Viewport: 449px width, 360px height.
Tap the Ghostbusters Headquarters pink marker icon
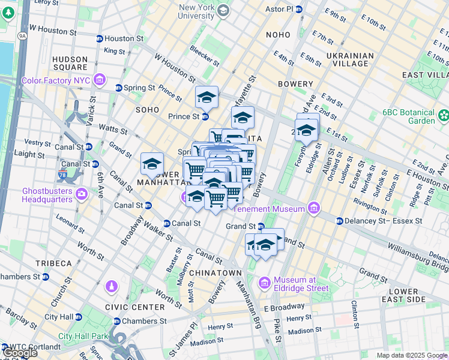82,194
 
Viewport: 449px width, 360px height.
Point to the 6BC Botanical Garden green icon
444,115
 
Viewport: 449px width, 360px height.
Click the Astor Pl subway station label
279,10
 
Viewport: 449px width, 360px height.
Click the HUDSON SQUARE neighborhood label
71,64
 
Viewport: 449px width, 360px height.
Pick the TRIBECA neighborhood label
53,263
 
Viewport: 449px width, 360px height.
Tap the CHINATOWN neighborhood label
215,273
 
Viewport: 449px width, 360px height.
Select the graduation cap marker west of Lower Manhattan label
152,164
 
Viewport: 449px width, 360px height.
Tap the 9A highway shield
23,36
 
